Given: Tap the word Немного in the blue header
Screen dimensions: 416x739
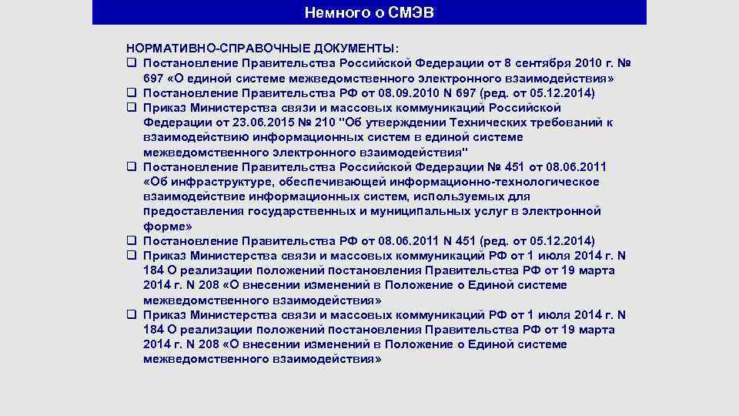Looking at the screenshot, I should point(334,12).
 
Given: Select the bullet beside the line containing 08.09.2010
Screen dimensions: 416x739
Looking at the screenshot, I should point(132,93).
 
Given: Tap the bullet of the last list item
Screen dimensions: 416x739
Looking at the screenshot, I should point(132,315).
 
